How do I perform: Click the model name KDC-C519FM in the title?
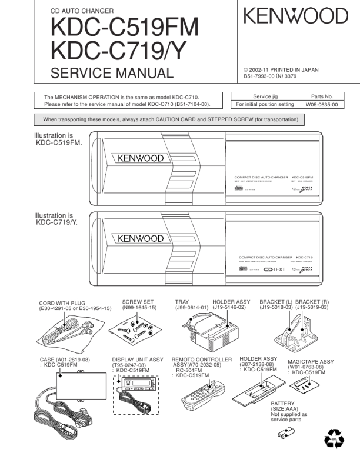[124, 27]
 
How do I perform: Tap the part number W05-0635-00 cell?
[321, 105]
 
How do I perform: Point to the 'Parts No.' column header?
[321, 96]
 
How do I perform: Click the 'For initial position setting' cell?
[265, 105]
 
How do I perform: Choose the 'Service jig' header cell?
[265, 96]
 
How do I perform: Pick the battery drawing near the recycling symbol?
[286, 434]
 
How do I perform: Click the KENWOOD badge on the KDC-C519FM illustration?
[141, 159]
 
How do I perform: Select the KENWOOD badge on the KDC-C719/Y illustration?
[141, 239]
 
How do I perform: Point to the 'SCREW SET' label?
[138, 302]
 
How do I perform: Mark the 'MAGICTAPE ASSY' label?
[311, 362]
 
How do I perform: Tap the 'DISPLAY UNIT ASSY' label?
[138, 359]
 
